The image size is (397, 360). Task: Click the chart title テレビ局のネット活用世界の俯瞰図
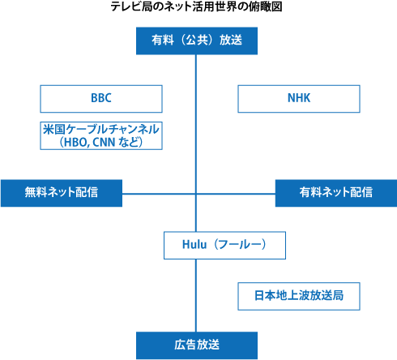(x=196, y=6)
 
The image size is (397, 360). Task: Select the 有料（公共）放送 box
(x=197, y=41)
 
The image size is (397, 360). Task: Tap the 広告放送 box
(x=197, y=345)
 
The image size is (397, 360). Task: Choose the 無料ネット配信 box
(x=62, y=193)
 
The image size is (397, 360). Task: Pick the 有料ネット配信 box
(x=336, y=193)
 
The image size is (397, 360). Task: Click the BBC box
(x=101, y=99)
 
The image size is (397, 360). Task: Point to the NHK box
(x=299, y=99)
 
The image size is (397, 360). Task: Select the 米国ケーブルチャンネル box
(x=101, y=135)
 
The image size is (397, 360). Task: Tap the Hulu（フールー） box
(x=224, y=245)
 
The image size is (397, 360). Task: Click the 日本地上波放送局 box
(x=299, y=296)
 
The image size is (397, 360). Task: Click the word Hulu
(x=194, y=245)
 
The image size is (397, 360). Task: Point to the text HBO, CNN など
(x=101, y=143)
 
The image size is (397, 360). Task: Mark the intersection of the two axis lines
(x=196, y=194)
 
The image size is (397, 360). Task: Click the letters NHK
(x=299, y=98)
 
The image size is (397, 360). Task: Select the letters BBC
(x=101, y=98)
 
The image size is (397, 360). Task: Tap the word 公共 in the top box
(x=197, y=40)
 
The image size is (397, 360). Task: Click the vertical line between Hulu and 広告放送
(x=196, y=295)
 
